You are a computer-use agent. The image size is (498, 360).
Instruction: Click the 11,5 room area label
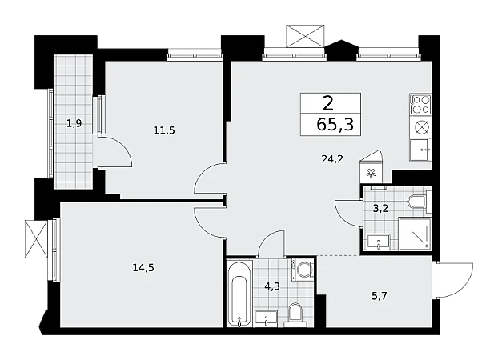(164, 130)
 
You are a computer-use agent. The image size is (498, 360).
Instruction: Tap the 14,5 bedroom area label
(143, 268)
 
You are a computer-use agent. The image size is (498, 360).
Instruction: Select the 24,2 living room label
(332, 158)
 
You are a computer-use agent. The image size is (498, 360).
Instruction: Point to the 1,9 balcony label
(74, 123)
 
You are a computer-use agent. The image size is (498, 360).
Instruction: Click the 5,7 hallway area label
(380, 296)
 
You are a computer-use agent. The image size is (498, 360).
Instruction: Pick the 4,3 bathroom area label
(272, 286)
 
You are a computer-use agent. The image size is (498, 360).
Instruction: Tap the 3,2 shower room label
(380, 209)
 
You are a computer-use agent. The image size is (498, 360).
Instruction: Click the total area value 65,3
(335, 124)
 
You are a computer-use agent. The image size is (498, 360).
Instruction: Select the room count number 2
(328, 103)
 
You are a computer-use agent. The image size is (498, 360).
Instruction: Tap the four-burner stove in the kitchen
(420, 105)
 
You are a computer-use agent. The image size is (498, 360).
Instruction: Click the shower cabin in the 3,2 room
(415, 234)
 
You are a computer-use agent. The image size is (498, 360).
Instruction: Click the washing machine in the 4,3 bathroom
(303, 270)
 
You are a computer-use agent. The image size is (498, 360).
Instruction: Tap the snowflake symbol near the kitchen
(371, 174)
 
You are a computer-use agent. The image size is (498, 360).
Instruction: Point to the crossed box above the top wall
(305, 36)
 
